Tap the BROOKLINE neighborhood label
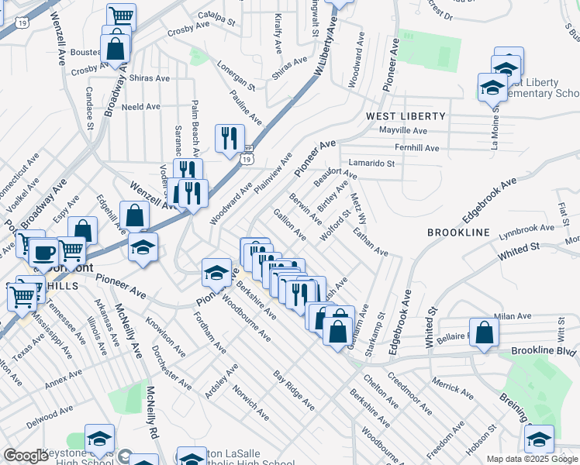pos(458,232)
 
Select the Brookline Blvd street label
pos(544,351)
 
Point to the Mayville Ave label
pos(402,131)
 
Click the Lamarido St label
pos(371,164)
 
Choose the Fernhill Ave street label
pos(416,148)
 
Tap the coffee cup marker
pos(46,253)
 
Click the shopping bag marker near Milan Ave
pos(483,333)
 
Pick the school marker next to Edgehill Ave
pos(143,247)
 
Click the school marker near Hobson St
pos(539,439)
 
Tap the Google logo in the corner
pos(26,456)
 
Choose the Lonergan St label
pos(236,74)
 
